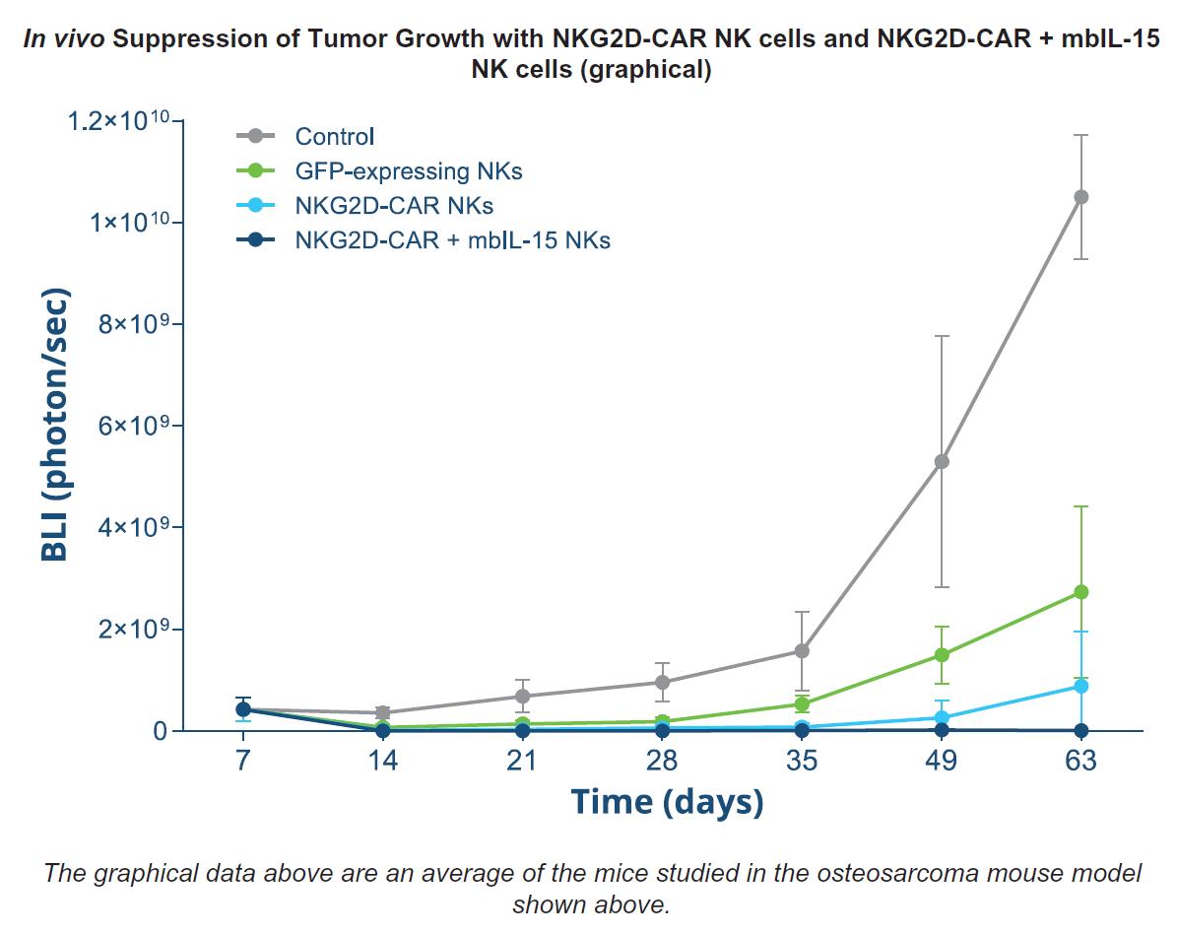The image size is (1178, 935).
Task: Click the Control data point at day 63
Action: (1081, 197)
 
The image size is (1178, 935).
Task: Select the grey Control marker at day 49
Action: (942, 461)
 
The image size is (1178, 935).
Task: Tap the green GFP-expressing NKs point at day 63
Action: (1081, 592)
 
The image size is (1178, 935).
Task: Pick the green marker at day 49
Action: (942, 654)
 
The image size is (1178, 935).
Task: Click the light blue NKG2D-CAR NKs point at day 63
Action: (1081, 686)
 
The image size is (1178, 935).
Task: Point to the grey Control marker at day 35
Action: (802, 650)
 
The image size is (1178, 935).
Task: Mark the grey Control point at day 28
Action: (662, 682)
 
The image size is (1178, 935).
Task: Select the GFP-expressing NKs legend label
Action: (408, 170)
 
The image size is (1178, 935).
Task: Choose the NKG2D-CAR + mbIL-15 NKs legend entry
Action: (452, 239)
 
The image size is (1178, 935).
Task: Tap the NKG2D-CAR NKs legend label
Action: (394, 205)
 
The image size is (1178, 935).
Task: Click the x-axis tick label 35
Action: (802, 762)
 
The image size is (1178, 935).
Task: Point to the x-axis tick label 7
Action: (242, 762)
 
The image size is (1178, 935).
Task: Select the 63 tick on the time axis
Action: (1081, 762)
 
